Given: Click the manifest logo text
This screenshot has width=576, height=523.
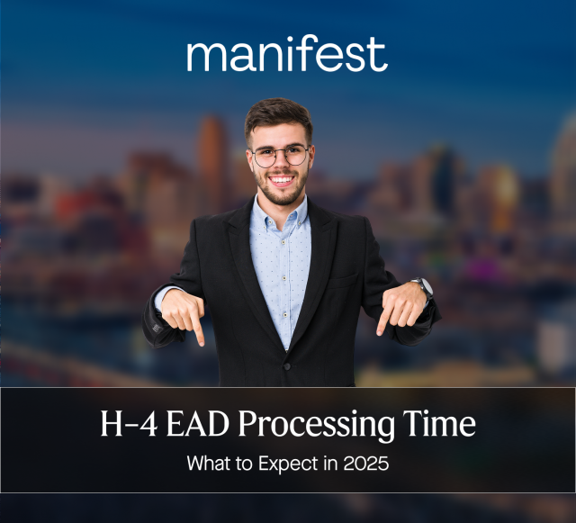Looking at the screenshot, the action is pyautogui.click(x=287, y=54).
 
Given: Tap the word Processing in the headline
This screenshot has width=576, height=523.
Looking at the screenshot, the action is pyautogui.click(x=316, y=426).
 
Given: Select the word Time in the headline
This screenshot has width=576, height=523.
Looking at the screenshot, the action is pyautogui.click(x=439, y=423).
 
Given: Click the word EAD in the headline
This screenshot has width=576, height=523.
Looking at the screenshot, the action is pyautogui.click(x=198, y=424).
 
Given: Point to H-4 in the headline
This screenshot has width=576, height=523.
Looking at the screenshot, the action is pyautogui.click(x=129, y=424).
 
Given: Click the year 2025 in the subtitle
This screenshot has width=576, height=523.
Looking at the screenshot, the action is pyautogui.click(x=366, y=464).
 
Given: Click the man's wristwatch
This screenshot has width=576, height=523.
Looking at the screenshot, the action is pyautogui.click(x=424, y=286).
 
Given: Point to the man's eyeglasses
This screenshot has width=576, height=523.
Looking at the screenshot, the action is pyautogui.click(x=280, y=156).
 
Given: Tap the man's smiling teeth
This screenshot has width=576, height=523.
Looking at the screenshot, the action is pyautogui.click(x=282, y=180).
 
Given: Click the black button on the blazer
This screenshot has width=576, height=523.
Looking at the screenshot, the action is pyautogui.click(x=287, y=366).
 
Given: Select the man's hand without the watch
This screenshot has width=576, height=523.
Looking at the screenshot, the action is pyautogui.click(x=184, y=314).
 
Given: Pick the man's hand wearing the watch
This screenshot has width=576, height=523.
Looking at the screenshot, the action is pyautogui.click(x=401, y=308).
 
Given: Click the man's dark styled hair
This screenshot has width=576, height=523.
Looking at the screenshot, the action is pyautogui.click(x=278, y=115).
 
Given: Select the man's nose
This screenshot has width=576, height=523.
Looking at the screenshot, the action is pyautogui.click(x=281, y=163).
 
